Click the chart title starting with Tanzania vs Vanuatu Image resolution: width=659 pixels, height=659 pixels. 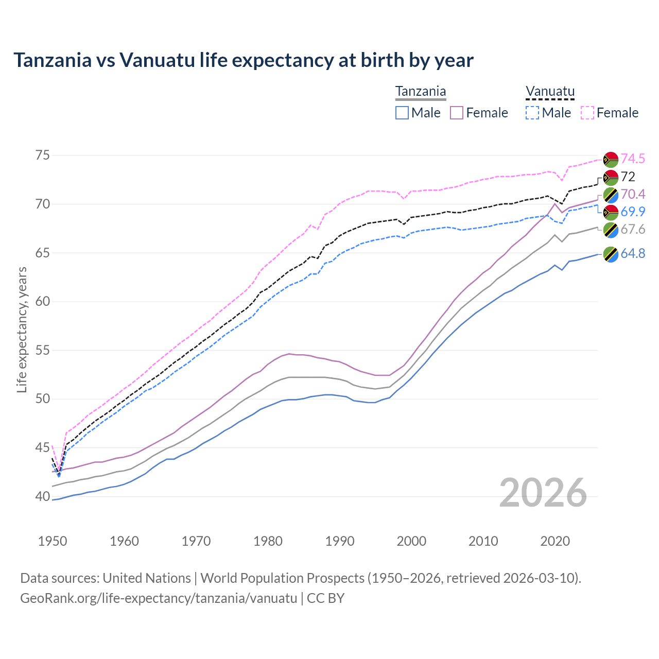pyautogui.click(x=243, y=60)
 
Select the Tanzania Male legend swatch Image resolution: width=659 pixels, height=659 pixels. pyautogui.click(x=402, y=113)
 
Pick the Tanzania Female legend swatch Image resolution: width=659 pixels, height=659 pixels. pyautogui.click(x=457, y=113)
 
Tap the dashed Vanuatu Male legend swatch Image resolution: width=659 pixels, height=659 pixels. pyautogui.click(x=532, y=113)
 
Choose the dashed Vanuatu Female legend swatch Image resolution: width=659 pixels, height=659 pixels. pyautogui.click(x=587, y=113)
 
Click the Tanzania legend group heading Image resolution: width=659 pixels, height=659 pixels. pyautogui.click(x=421, y=92)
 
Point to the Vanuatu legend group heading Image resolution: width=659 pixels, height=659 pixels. pyautogui.click(x=550, y=92)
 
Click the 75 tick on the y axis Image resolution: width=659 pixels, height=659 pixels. pyautogui.click(x=43, y=155)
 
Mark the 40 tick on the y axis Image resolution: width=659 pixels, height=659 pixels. pyautogui.click(x=43, y=497)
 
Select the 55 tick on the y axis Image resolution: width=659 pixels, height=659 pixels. pyautogui.click(x=43, y=351)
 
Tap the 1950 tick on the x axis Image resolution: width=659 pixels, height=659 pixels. pyautogui.click(x=53, y=541)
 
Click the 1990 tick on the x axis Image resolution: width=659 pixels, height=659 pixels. pyautogui.click(x=340, y=541)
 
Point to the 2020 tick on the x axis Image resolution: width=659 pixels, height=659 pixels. pyautogui.click(x=555, y=541)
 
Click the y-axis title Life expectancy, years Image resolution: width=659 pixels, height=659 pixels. pyautogui.click(x=22, y=329)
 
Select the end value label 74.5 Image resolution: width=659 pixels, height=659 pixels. pyautogui.click(x=633, y=159)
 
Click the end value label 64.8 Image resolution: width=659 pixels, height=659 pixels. pyautogui.click(x=633, y=254)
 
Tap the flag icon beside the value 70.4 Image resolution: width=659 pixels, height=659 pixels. pyautogui.click(x=611, y=195)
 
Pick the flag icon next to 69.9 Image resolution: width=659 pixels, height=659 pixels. pyautogui.click(x=611, y=212)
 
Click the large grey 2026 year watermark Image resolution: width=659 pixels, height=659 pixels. pyautogui.click(x=543, y=493)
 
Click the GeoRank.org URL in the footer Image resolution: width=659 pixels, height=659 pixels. pyautogui.click(x=159, y=598)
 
